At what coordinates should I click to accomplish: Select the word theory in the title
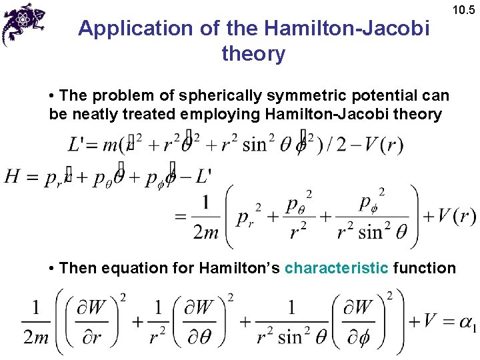(x=253, y=53)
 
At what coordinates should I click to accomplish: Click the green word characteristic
(x=336, y=268)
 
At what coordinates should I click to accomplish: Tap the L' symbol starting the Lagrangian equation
(x=77, y=145)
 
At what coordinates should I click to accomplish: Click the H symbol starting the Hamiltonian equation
(x=12, y=177)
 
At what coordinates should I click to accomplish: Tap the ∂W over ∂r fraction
(x=87, y=322)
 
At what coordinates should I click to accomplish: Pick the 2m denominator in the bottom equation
(x=36, y=337)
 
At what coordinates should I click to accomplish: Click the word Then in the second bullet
(x=74, y=268)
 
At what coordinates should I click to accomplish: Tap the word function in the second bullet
(x=425, y=268)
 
